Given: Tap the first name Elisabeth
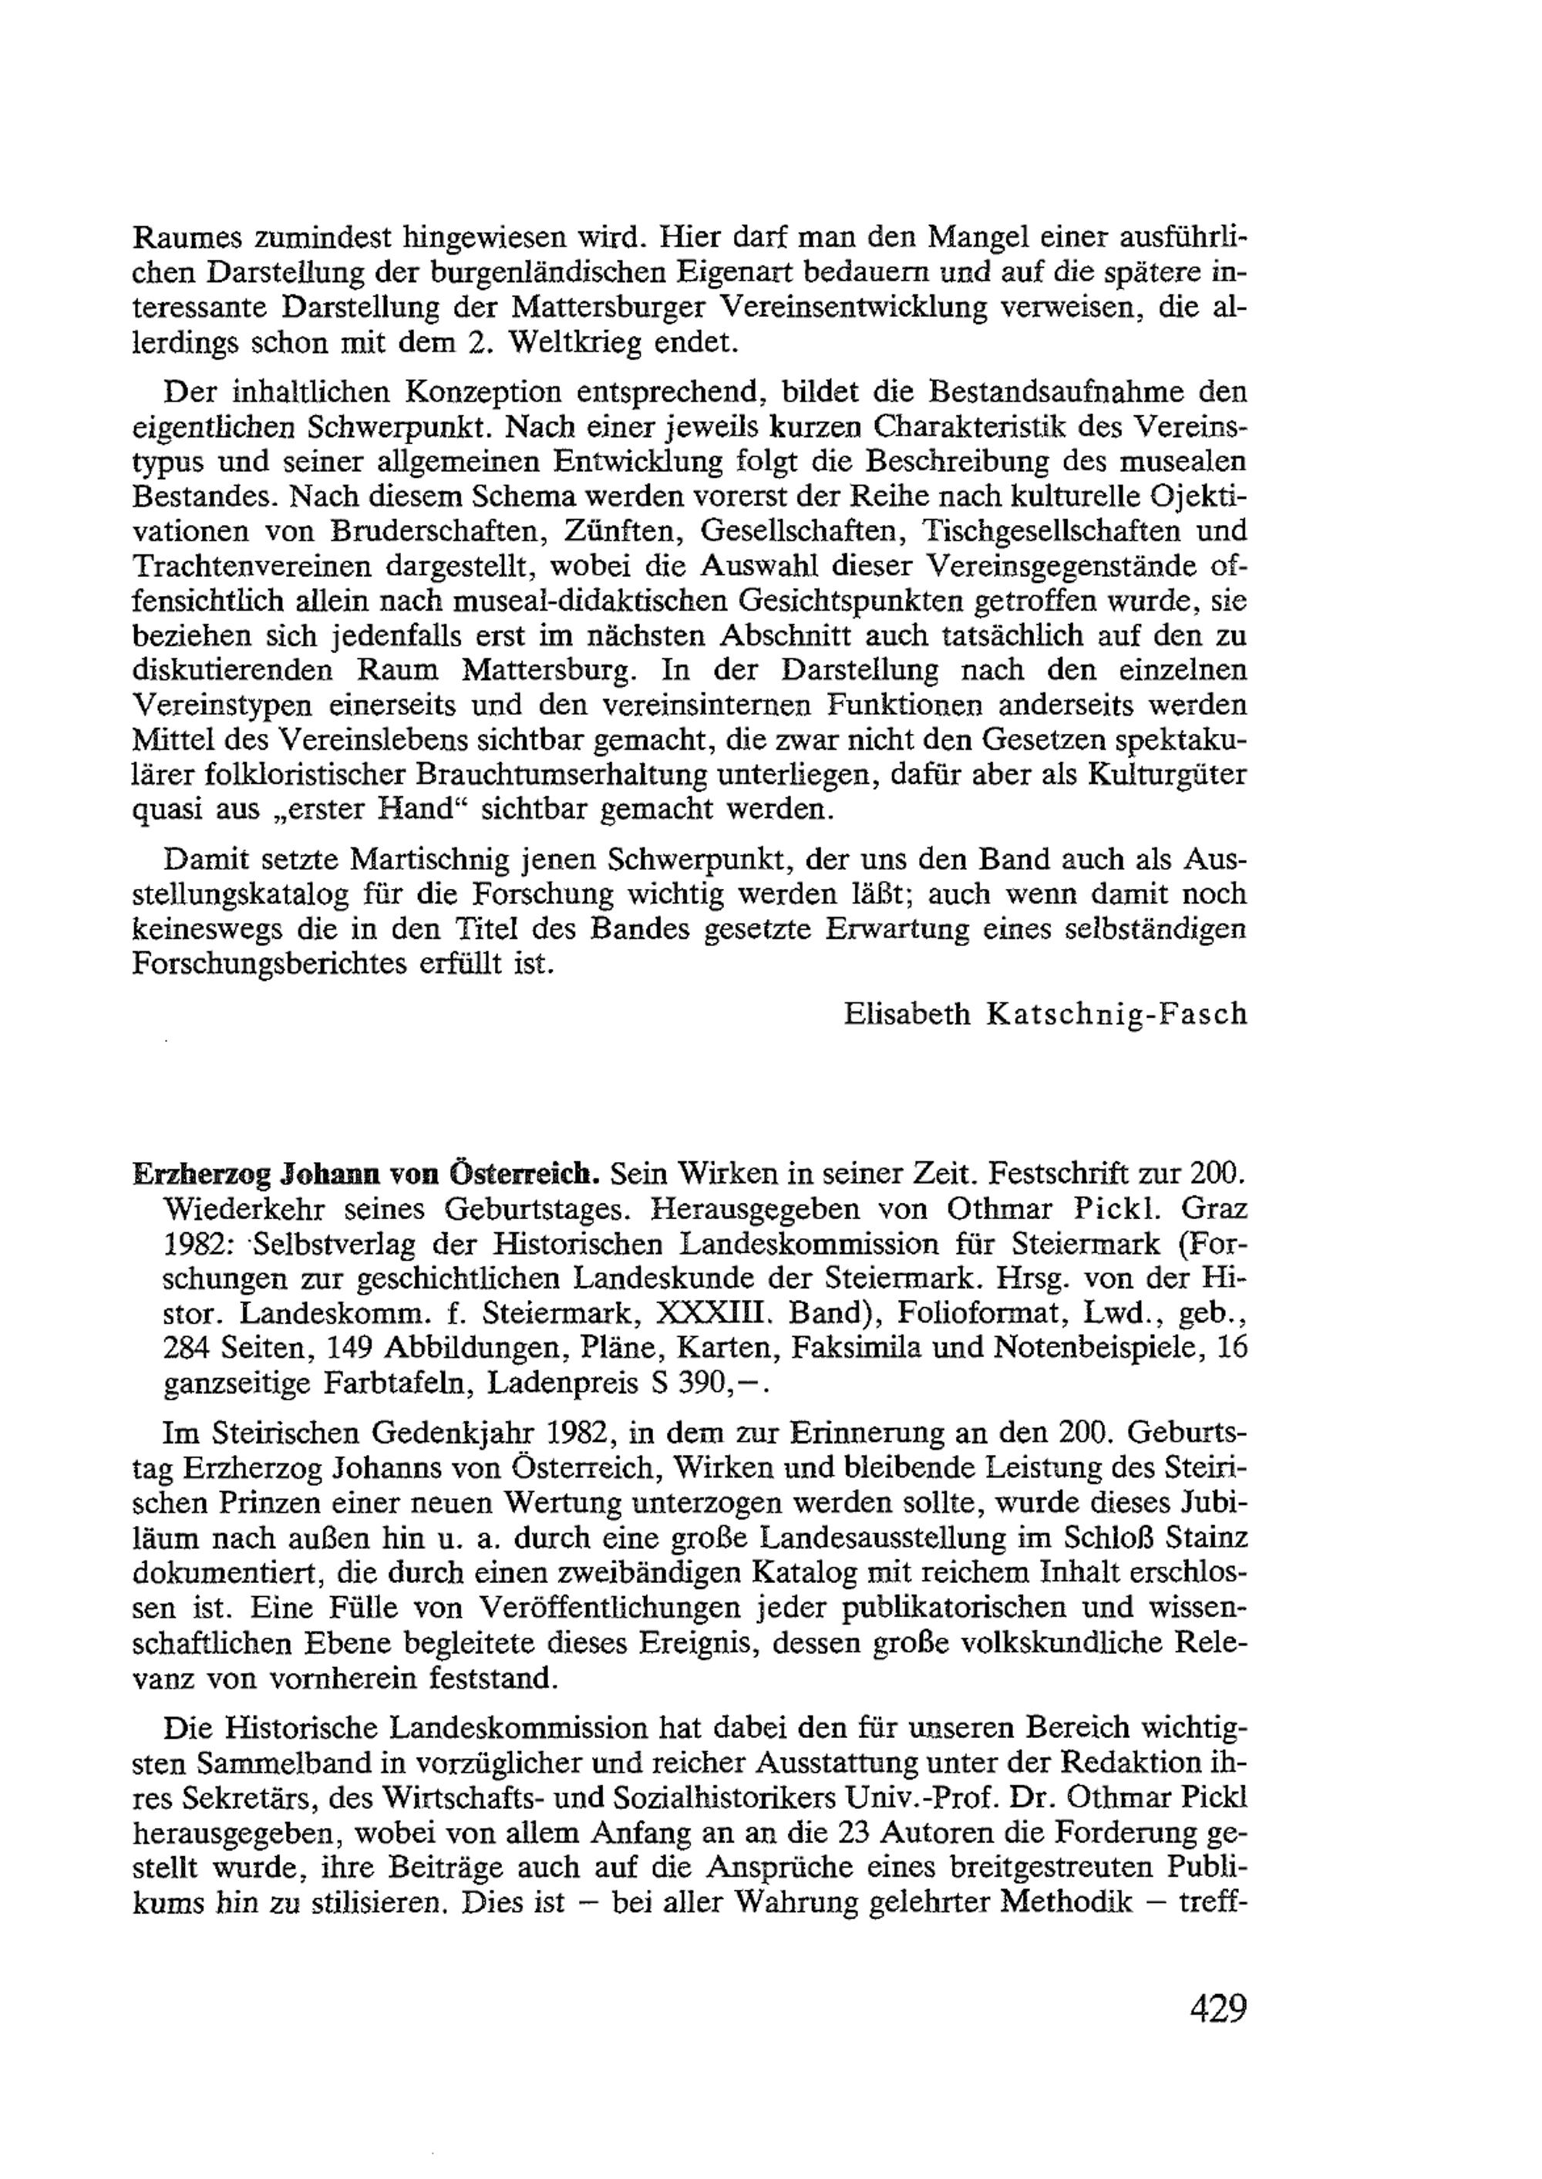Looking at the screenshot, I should click(907, 1015).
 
